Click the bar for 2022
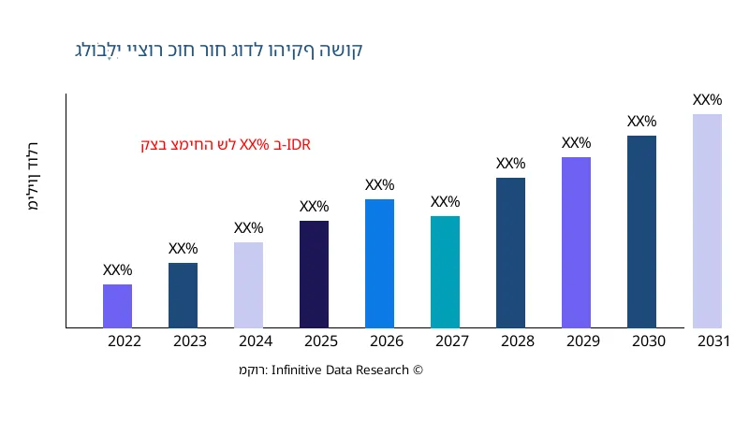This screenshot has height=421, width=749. (117, 306)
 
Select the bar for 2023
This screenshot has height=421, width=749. (183, 296)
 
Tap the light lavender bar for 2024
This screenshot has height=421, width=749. (248, 285)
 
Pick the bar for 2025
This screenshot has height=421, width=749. (314, 274)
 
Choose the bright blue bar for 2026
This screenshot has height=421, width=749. (379, 264)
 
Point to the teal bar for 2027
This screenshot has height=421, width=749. (445, 272)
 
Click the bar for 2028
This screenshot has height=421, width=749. (510, 253)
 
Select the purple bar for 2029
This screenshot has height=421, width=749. (576, 242)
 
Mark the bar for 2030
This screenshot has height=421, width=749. (641, 232)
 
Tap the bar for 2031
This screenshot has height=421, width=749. (707, 221)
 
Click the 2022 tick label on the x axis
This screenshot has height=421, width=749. (125, 341)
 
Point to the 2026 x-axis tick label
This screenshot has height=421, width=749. (387, 341)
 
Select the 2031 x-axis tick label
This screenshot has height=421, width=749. (714, 341)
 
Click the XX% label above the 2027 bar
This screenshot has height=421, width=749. (445, 202)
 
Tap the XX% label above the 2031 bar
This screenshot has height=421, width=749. (707, 100)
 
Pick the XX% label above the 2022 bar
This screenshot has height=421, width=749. (117, 270)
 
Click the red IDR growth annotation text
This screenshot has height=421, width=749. (225, 145)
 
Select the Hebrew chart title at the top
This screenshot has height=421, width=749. (218, 50)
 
